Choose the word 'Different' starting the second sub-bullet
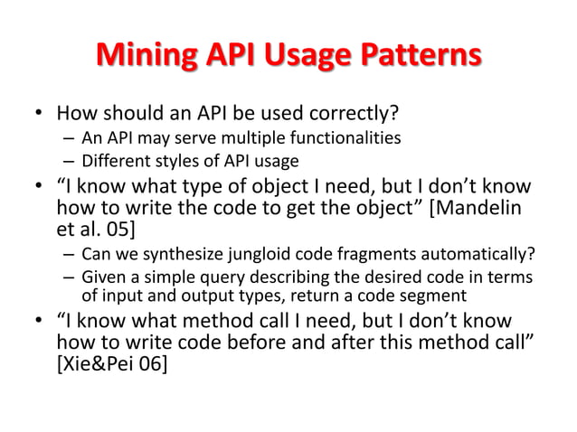coord(113,162)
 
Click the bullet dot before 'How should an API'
coord(38,117)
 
